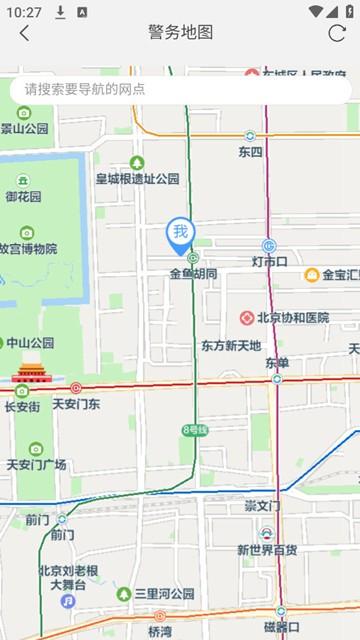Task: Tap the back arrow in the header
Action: coord(24,33)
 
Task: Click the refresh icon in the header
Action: coord(336,33)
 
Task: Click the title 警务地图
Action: coord(180,33)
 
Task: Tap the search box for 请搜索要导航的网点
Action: coord(180,89)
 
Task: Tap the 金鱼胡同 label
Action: coord(193,273)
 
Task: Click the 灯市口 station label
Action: coord(269,262)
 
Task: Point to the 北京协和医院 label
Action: coord(292,318)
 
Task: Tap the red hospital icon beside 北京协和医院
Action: coord(246,318)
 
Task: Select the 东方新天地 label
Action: coord(230,346)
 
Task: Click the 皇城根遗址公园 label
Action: coord(137,179)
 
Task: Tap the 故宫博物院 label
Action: coord(27,249)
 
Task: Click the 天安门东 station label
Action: coord(76,404)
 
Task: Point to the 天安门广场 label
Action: coord(36,464)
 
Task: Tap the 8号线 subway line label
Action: coord(194,430)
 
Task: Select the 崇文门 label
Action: coord(263,507)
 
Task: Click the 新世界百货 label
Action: coord(266,550)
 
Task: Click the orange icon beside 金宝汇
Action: coord(312,275)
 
